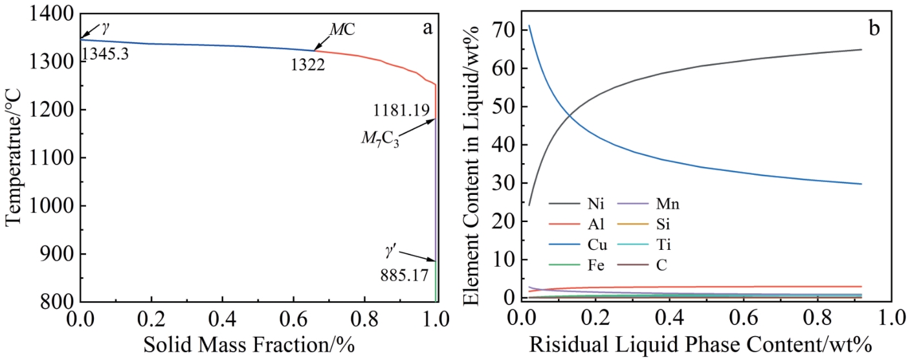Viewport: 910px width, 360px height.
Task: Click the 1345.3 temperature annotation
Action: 103,54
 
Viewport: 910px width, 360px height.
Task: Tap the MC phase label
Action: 342,30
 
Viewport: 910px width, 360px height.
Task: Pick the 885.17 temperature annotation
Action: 405,275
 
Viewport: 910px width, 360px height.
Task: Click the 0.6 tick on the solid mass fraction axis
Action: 293,318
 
